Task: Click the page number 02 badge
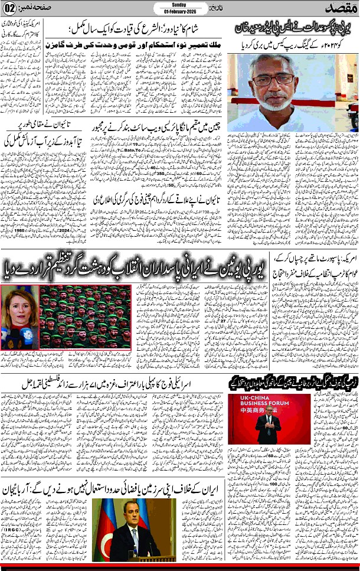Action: click(x=12, y=10)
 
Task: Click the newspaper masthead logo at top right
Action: click(x=341, y=9)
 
